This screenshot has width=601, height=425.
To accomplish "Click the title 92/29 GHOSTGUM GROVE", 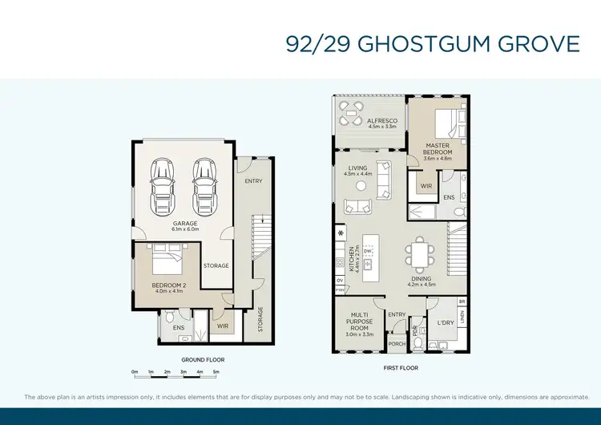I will point(432,42).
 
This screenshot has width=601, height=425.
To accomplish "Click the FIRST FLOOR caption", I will point(401,367).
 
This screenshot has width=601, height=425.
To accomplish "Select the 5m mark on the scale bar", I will point(216,372).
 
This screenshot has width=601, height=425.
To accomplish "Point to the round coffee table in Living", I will point(361,186).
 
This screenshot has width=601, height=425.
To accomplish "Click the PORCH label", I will point(396,346).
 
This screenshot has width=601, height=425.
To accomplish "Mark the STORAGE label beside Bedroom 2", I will point(216,265).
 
